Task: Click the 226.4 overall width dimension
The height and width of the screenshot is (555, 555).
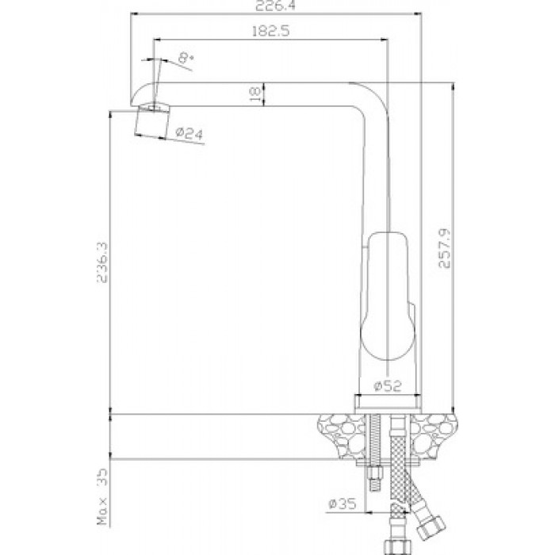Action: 275,6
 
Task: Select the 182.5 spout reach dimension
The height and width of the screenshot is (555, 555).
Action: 271,31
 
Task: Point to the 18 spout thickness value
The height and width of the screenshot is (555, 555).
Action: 255,94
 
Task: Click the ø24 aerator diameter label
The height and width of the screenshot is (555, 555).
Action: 189,133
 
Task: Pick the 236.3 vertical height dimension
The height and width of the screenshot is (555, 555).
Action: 102,262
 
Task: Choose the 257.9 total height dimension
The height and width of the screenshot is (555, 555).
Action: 445,248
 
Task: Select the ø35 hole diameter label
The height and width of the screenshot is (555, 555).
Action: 342,503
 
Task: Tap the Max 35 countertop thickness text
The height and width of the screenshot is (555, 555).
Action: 102,496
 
